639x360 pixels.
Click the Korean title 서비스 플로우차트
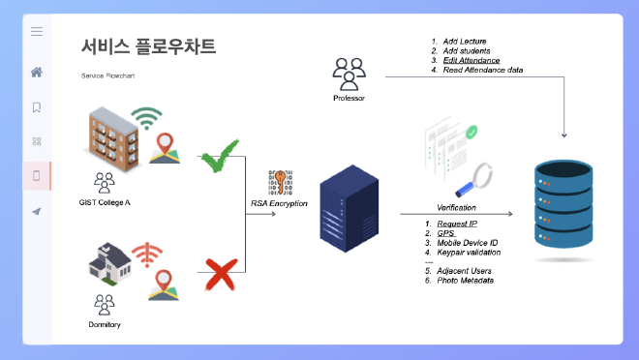148,46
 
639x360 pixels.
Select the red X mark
222,273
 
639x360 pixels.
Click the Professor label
349,98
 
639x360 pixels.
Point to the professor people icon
349,72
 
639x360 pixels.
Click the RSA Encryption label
280,203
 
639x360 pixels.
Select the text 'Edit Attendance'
472,60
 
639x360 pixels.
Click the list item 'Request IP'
458,224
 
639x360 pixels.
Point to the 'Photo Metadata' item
465,281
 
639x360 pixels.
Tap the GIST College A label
105,201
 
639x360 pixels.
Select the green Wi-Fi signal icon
147,119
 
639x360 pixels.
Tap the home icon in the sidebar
37,72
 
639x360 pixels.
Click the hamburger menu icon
37,32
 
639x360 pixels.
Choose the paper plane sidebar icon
37,211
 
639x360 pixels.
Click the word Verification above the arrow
456,208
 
